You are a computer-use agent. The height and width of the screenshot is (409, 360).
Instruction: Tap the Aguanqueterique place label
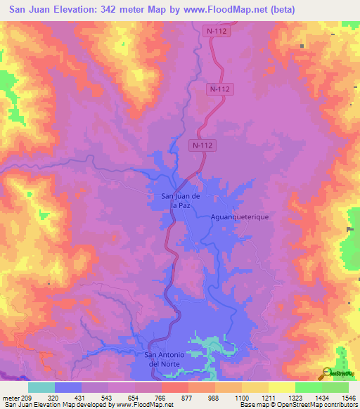(x=240, y=218)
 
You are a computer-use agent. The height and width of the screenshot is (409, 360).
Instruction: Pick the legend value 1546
(x=347, y=397)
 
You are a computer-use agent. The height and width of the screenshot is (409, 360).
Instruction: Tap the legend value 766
(x=160, y=397)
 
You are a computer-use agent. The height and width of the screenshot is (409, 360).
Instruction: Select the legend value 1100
(x=240, y=397)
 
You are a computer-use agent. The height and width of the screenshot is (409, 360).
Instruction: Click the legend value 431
(x=79, y=397)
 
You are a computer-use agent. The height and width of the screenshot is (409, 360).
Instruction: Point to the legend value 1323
(x=294, y=397)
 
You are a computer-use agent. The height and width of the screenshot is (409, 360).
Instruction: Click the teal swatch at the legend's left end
(x=41, y=387)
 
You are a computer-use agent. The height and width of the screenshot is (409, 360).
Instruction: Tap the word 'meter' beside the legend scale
(x=9, y=397)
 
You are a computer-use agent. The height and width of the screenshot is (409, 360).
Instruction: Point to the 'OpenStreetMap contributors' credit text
(x=317, y=405)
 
